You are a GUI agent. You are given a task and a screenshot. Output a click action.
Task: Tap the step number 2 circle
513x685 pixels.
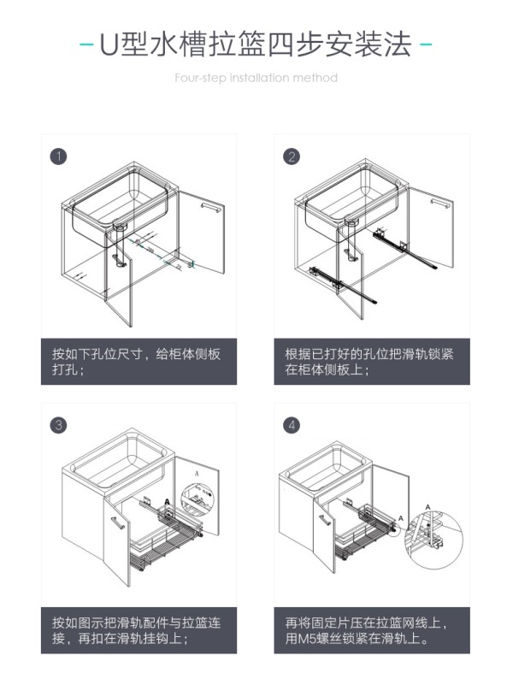292,156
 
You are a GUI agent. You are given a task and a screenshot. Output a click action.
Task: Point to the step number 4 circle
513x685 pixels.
292,425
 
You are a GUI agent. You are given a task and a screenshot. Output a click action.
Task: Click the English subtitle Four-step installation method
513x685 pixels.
256,78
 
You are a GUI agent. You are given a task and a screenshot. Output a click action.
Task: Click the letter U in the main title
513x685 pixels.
107,44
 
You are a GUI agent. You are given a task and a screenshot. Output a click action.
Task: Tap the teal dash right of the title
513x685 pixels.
426,44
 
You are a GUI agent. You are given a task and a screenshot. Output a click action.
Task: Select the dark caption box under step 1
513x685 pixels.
139,362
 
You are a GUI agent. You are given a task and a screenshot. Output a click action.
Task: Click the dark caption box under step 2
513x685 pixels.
372,362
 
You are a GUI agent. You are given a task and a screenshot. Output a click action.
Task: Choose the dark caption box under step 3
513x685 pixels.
139,630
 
